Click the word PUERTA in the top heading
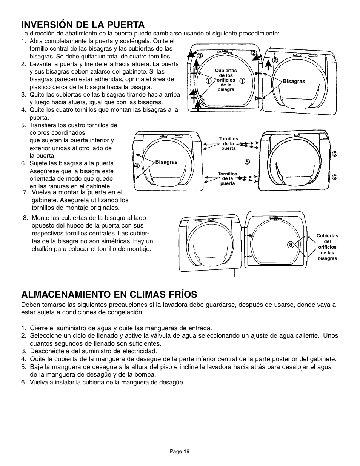[x=124, y=25]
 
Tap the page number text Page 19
[x=180, y=451]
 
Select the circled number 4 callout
[x=137, y=165]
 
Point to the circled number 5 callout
[x=247, y=162]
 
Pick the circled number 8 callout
[x=291, y=245]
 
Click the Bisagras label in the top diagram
[x=294, y=81]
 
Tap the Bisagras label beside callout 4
[x=166, y=162]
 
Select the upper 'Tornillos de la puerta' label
[x=228, y=144]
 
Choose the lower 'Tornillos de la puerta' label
[x=228, y=178]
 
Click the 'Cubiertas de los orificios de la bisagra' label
[x=226, y=80]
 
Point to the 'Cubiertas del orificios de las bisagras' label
[x=327, y=247]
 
